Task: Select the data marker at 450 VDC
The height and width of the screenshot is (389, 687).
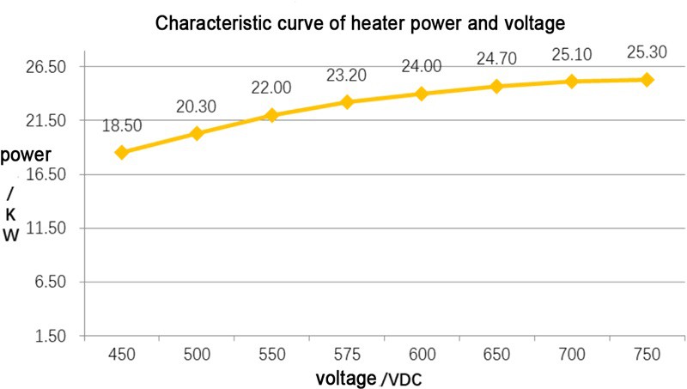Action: tap(122, 153)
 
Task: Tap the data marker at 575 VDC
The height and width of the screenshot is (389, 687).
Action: tap(347, 102)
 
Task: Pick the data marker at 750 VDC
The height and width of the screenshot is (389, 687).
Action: tap(647, 80)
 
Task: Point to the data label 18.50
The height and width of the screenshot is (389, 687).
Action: tap(122, 126)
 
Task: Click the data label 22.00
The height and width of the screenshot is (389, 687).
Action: tap(271, 88)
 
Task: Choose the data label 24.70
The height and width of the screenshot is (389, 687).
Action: tap(497, 59)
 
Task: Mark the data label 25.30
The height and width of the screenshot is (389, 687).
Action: tap(647, 52)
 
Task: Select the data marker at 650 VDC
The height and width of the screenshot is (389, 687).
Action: tap(497, 87)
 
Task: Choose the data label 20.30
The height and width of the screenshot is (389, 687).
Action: tap(197, 106)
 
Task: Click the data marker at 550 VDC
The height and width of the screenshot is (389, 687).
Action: tap(271, 115)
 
